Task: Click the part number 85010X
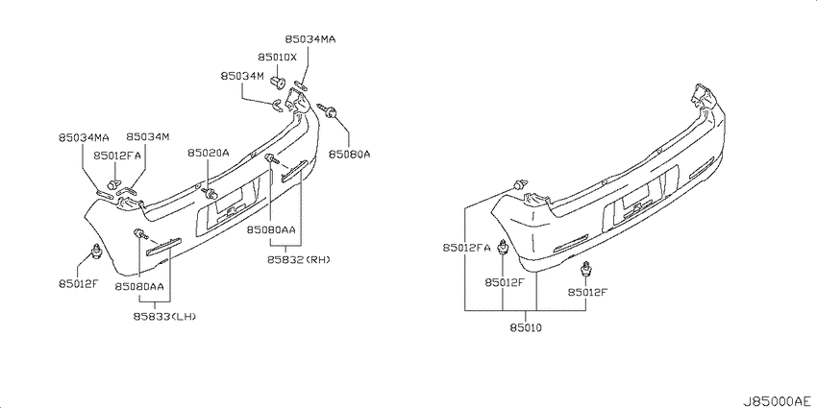point(277,58)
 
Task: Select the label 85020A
point(209,153)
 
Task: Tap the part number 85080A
point(349,155)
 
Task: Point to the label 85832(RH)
point(299,260)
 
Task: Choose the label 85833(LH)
point(163,316)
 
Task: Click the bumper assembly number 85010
point(526,328)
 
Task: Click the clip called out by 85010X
point(279,81)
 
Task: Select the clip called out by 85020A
point(210,194)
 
